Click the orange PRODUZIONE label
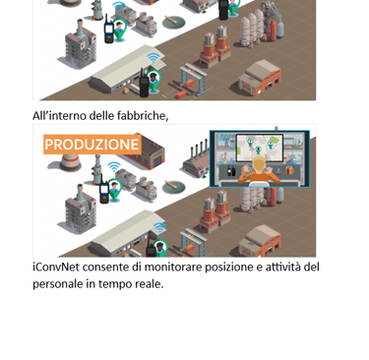[x=92, y=145]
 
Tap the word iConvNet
[x=56, y=268]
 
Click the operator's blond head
[x=259, y=165]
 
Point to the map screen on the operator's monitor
[x=260, y=148]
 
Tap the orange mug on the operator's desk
[x=289, y=170]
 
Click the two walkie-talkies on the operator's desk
[x=231, y=171]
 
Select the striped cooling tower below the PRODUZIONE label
[x=70, y=163]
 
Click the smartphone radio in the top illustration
[x=108, y=30]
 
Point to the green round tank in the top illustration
[x=173, y=23]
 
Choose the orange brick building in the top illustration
[x=261, y=78]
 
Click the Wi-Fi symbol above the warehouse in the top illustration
[x=153, y=58]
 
